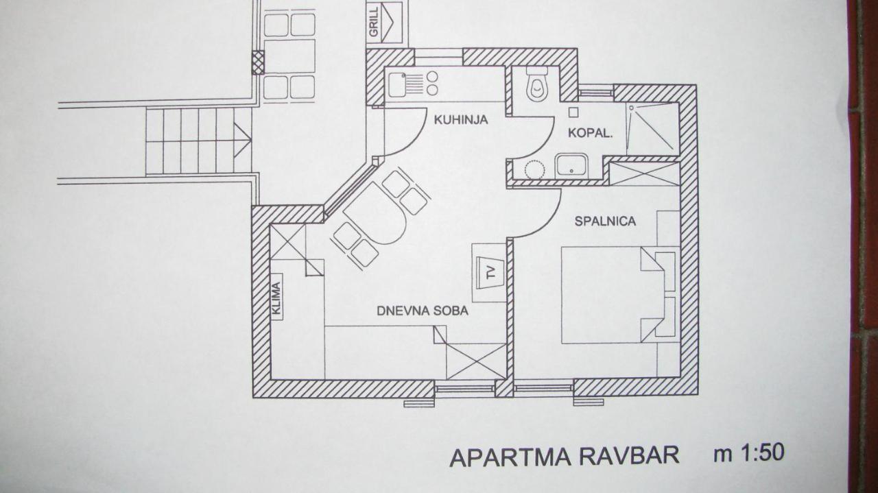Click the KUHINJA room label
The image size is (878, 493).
point(460,120)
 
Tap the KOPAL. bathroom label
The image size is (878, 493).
point(589,134)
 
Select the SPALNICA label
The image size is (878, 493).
point(605,221)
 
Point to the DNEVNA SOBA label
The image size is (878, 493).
point(423,311)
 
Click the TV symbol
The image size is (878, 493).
point(490,272)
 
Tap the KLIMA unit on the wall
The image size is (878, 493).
point(276,298)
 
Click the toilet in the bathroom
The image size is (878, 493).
point(537,85)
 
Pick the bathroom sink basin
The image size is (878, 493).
point(571,165)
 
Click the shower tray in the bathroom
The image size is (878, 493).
point(652,127)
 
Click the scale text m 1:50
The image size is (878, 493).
point(748,453)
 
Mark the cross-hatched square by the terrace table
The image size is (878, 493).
point(257,62)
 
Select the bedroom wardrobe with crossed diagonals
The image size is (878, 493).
point(644,173)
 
